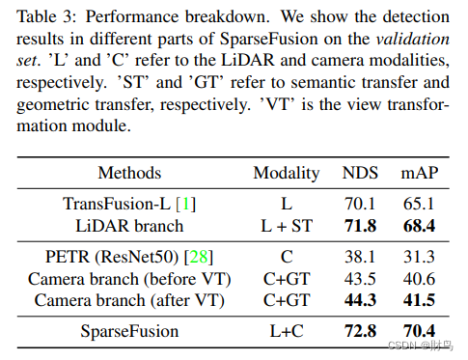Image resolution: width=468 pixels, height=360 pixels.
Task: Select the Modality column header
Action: point(286,174)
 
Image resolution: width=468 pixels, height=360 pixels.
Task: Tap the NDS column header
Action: point(361,174)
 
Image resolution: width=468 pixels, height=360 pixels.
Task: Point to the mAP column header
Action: point(419,174)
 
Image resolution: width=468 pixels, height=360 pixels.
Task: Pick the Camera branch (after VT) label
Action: point(130,299)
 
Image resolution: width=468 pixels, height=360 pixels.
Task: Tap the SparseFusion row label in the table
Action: point(130,331)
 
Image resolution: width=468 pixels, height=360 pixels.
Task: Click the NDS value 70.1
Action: point(361,204)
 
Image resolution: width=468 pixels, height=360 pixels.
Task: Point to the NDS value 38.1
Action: point(361,257)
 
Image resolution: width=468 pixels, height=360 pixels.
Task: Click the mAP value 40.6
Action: point(419,278)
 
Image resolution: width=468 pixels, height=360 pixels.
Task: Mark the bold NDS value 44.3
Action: point(361,299)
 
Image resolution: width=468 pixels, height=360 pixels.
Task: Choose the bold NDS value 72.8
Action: point(361,331)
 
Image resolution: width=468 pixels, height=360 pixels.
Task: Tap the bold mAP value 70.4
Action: point(419,331)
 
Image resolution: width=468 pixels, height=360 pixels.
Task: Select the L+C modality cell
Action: point(286,331)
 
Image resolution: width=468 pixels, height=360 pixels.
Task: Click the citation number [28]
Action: point(201,257)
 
